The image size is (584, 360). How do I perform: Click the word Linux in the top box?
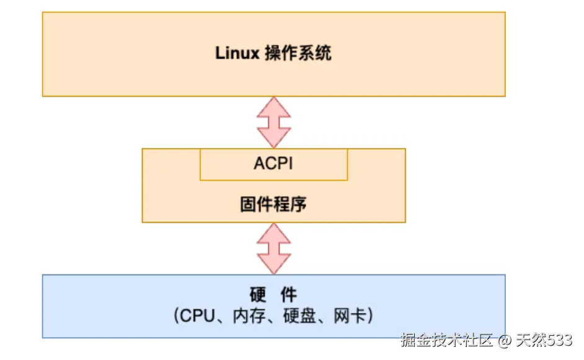237,53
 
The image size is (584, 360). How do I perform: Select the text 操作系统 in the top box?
298,53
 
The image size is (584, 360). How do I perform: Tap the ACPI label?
273,164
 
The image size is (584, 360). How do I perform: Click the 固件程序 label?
273,204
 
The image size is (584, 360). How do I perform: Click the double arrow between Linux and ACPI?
274,122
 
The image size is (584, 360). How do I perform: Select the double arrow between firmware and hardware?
274,248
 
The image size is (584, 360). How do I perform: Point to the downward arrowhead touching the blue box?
274,265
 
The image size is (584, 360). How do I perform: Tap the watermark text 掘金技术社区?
446,340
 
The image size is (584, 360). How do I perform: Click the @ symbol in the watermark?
505,341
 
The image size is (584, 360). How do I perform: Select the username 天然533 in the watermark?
544,340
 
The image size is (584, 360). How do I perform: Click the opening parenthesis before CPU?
177,316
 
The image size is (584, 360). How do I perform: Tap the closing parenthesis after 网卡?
369,316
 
